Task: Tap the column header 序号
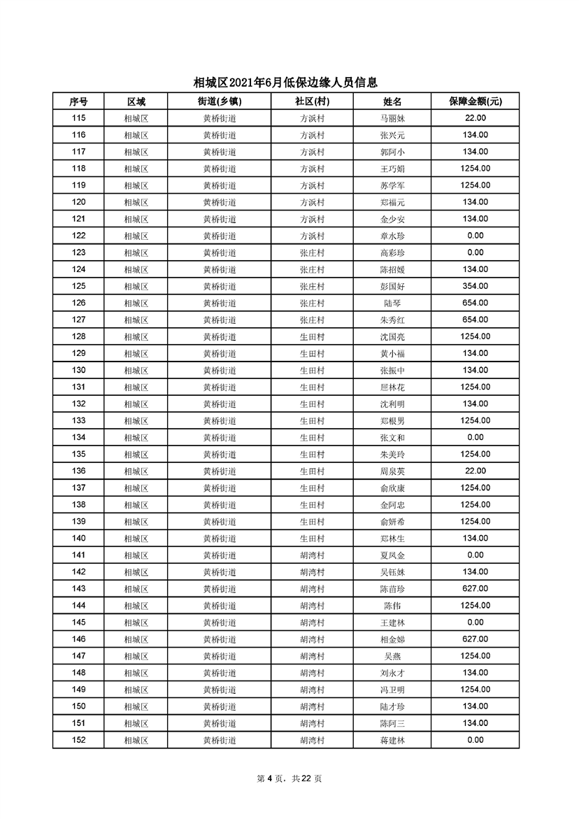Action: (x=78, y=101)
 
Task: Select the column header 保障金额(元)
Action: (x=475, y=101)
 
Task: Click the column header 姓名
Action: (x=392, y=101)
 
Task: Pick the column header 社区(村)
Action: (x=312, y=101)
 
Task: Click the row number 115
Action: (x=78, y=118)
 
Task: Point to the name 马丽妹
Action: (x=392, y=118)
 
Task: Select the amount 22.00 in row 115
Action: (x=475, y=118)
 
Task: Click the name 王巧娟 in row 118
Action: (x=392, y=169)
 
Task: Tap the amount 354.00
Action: (x=475, y=286)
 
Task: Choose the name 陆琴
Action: (x=392, y=303)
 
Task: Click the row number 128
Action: (x=78, y=336)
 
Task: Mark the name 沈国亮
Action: (x=392, y=336)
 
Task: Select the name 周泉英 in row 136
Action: (x=392, y=471)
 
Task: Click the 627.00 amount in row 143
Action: (x=475, y=589)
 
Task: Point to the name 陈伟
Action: (x=392, y=606)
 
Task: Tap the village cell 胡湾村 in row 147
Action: (x=312, y=656)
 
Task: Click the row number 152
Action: (x=78, y=740)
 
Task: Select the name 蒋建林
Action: (x=392, y=740)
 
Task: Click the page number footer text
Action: (x=289, y=778)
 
